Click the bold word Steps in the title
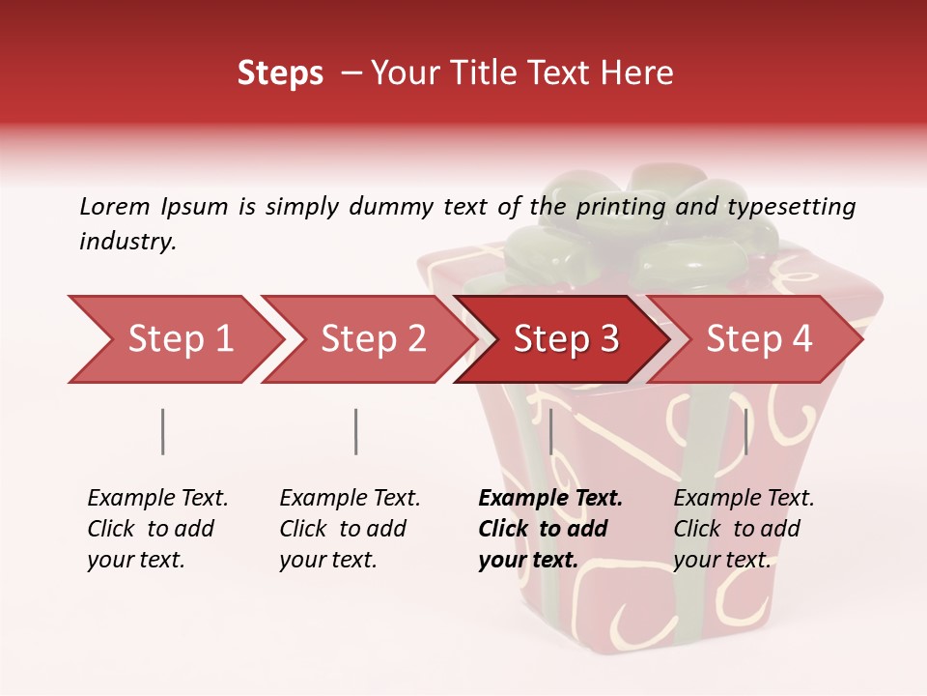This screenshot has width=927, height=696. click(280, 73)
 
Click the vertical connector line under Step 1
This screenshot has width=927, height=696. click(162, 431)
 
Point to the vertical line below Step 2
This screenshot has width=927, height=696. click(356, 431)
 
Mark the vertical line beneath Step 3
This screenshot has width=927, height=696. click(550, 431)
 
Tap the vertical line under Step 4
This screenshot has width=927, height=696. click(745, 431)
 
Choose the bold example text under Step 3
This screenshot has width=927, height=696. click(549, 529)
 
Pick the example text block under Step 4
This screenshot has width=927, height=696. click(744, 529)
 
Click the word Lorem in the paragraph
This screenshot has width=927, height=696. click(115, 206)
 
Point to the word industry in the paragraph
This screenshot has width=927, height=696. click(126, 242)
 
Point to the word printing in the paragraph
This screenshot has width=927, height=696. click(619, 207)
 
